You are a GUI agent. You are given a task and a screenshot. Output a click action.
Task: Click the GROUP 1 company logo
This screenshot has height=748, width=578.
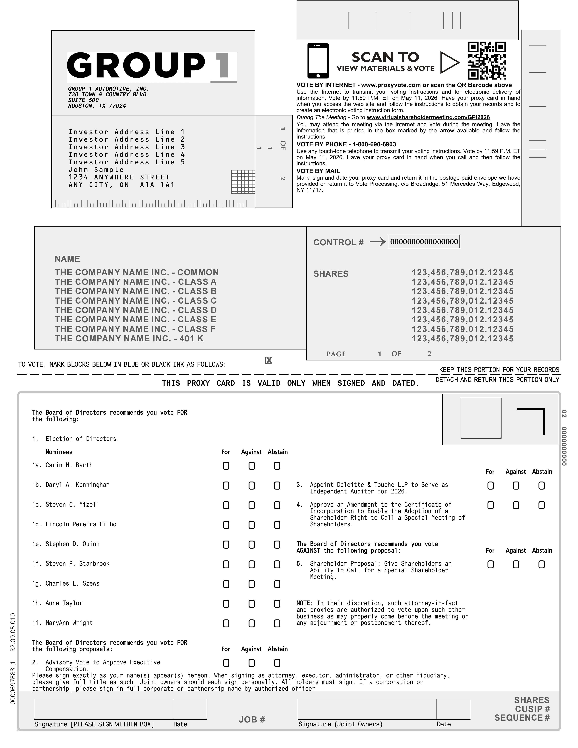152,67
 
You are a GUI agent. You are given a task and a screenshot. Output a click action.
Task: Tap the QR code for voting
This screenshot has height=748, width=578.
487,61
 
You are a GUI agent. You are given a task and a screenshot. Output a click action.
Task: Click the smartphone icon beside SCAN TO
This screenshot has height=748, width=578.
318,61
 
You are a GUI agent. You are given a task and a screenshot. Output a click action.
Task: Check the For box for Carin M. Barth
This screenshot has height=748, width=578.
226,466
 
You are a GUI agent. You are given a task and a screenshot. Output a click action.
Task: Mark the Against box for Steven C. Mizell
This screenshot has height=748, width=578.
252,505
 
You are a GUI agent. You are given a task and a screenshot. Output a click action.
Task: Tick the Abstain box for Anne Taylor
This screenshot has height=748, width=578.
277,604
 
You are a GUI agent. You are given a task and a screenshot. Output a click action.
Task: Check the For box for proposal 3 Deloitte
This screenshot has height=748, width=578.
490,486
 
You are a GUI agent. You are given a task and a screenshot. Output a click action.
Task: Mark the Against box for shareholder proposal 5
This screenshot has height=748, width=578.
516,564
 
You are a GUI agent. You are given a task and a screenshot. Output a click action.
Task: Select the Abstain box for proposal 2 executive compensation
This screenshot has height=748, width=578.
277,663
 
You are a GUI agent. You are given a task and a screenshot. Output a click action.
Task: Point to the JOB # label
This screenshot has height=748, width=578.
252,719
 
